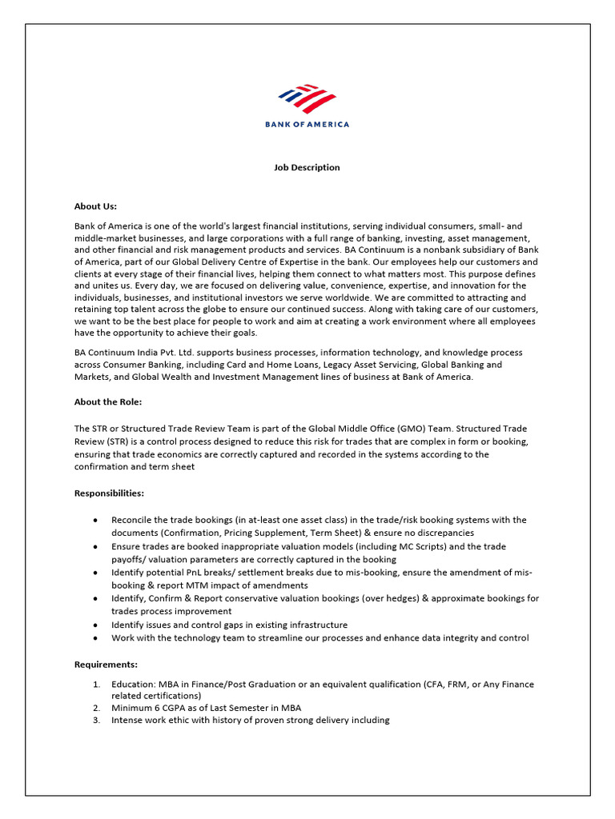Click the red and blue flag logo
(x=307, y=99)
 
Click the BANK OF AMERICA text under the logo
(x=307, y=124)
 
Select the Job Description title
(x=307, y=167)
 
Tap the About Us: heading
(x=95, y=206)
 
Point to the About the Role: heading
(x=108, y=402)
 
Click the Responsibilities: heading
(x=109, y=493)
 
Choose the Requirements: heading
(x=106, y=664)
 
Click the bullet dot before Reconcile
(x=96, y=520)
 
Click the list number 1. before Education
(x=96, y=685)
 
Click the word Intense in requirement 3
(x=127, y=720)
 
